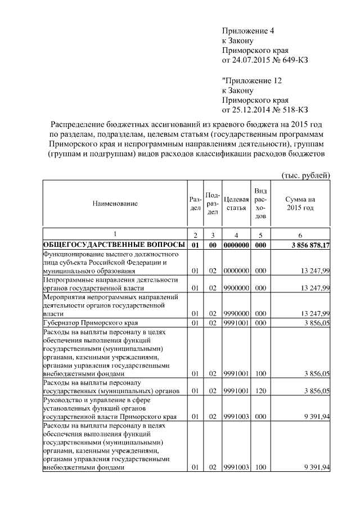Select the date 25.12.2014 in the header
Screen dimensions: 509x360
point(251,109)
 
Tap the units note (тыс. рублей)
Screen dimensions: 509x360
point(305,175)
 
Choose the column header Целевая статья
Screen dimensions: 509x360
point(236,203)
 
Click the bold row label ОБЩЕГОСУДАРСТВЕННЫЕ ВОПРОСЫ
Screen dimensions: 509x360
point(114,245)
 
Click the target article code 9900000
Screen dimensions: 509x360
point(236,289)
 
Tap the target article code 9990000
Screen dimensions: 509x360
point(236,313)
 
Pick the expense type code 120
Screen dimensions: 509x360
point(260,390)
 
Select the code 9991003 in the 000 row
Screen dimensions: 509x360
point(236,417)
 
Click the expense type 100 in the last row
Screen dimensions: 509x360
point(260,468)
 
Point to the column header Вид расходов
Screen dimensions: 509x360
point(260,204)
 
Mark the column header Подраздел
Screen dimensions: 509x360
point(213,203)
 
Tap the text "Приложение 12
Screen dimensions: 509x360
point(249,80)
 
